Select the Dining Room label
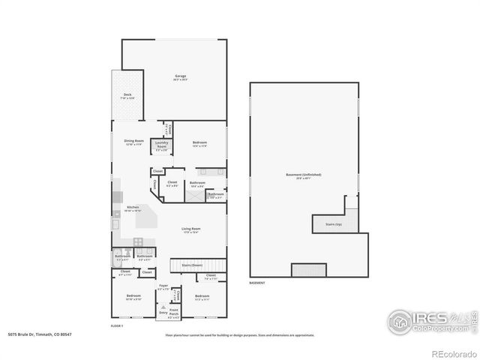click(x=133, y=142)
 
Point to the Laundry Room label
click(x=161, y=148)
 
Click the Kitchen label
click(x=133, y=208)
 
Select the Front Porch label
click(x=174, y=311)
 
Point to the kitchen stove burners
click(x=138, y=241)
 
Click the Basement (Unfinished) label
click(x=298, y=176)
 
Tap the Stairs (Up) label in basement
click(x=334, y=224)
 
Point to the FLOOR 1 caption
click(x=116, y=327)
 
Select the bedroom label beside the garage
click(x=199, y=144)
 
